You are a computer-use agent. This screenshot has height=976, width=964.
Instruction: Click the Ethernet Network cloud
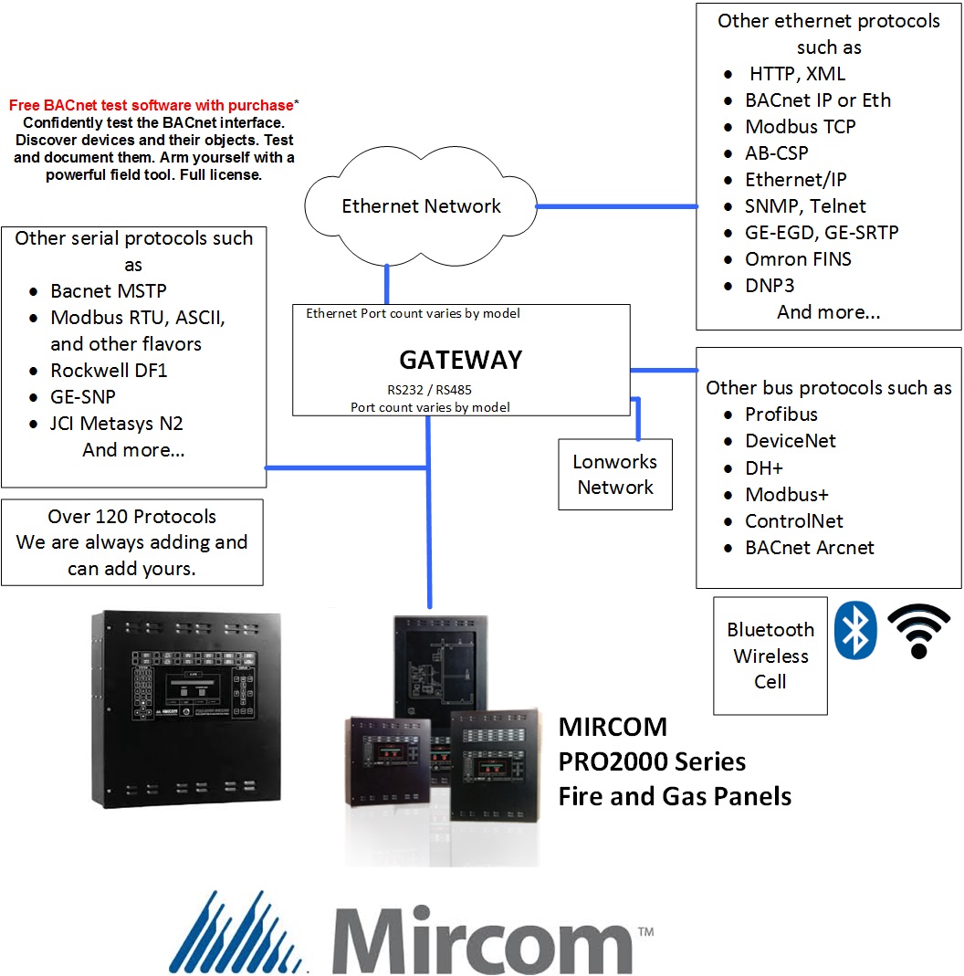coord(421,206)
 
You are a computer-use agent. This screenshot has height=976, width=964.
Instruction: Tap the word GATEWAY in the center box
coord(460,360)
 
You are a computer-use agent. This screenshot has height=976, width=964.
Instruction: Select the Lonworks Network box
coord(614,475)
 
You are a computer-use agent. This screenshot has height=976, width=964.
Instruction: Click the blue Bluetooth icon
coord(855,630)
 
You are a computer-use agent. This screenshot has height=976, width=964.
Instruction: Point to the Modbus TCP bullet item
coord(800,127)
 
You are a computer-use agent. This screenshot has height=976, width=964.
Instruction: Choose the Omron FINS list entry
coord(798,259)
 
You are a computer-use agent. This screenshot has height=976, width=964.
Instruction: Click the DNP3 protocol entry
coord(770,286)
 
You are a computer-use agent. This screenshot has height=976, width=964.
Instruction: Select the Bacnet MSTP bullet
coord(108,291)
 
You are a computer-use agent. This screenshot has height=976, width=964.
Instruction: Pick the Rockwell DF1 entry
coord(109,371)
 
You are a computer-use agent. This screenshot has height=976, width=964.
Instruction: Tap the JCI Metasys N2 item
coord(117,424)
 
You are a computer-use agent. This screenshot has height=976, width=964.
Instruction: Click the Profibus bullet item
coord(781,415)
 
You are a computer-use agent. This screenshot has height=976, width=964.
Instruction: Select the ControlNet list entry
coord(793,521)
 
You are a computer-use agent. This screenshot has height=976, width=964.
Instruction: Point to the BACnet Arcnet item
coord(809,548)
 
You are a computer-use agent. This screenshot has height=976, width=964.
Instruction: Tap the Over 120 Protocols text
coord(131,517)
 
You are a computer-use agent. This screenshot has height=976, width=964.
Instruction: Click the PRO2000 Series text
coord(652,761)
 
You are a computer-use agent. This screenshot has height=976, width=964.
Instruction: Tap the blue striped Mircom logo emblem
coord(240,932)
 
